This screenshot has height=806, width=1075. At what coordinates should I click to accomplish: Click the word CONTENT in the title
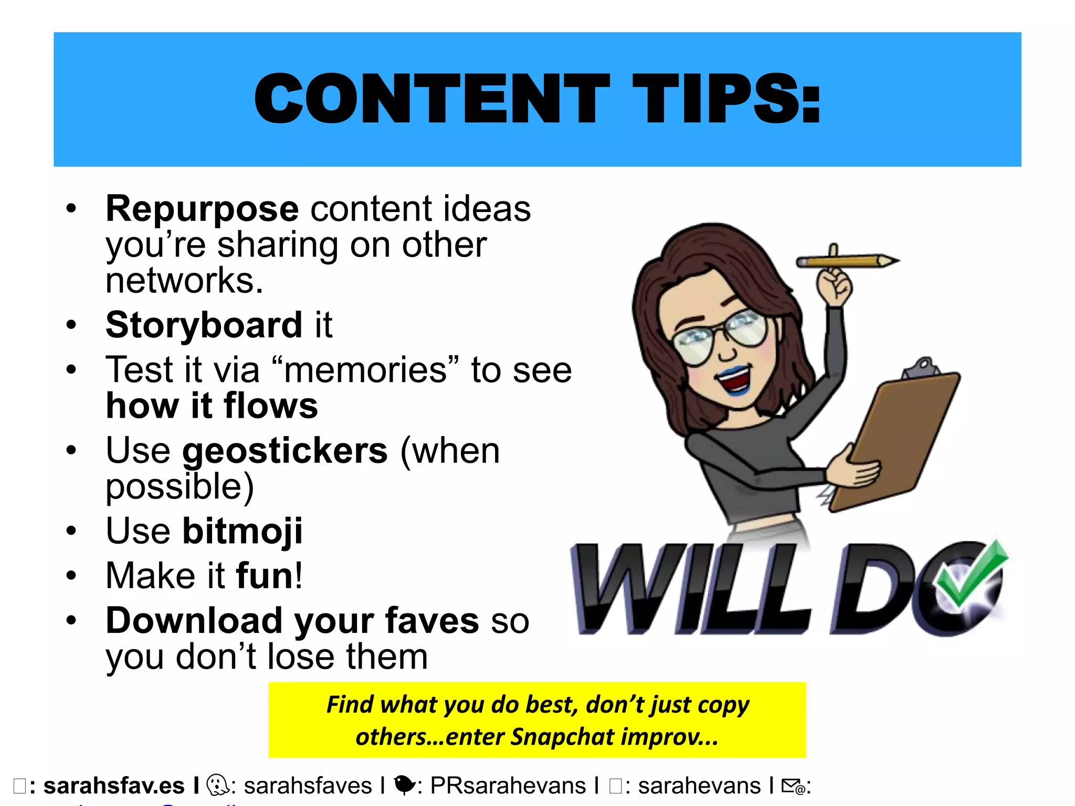click(x=430, y=99)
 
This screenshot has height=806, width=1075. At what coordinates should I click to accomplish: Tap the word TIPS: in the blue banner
click(x=727, y=99)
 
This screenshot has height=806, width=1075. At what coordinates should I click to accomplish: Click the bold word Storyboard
click(x=204, y=325)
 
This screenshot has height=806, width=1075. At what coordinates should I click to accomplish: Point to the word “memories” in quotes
click(x=366, y=370)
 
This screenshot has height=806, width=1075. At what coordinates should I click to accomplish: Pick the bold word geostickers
click(x=284, y=451)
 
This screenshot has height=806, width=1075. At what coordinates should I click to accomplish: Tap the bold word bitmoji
click(x=242, y=531)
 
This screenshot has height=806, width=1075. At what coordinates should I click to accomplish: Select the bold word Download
click(x=194, y=621)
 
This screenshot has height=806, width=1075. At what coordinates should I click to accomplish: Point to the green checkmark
click(x=971, y=577)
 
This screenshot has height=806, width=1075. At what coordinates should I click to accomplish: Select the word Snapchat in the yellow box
click(x=562, y=737)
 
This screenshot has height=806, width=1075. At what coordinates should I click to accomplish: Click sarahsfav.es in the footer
click(x=114, y=786)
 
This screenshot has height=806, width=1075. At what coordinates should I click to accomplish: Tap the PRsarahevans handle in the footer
click(x=508, y=786)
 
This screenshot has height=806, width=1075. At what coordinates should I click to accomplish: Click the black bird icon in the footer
click(x=404, y=785)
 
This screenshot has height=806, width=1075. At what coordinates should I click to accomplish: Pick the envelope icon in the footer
click(x=792, y=786)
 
